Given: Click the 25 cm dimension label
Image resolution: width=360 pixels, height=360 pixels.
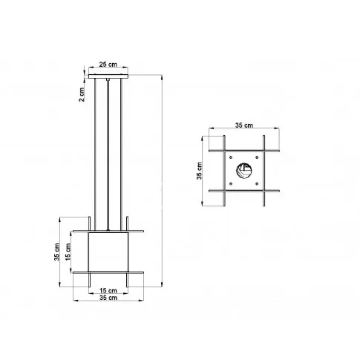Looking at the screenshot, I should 108,65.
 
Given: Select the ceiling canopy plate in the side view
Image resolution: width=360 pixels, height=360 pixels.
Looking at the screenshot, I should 108,76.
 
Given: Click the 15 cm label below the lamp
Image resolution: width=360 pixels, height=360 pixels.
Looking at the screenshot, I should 108,289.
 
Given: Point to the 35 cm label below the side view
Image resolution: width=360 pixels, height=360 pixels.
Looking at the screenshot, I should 108,298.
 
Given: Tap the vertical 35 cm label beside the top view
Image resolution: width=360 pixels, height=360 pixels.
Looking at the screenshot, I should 200,172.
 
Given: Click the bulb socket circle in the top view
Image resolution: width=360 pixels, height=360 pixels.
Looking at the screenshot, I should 243,172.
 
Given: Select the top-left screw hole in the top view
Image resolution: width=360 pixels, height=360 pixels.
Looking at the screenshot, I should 232,160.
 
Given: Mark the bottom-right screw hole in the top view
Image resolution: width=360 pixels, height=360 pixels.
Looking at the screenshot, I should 256,185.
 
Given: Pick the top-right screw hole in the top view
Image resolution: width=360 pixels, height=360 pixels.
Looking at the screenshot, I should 256,160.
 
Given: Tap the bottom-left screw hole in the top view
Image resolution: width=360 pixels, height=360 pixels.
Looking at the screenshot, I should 232,185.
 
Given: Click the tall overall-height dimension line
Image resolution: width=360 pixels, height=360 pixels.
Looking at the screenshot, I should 161,178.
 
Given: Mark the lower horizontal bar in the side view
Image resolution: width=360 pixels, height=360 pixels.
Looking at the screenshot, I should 108,272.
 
